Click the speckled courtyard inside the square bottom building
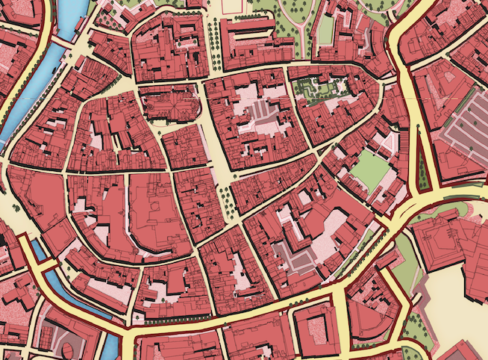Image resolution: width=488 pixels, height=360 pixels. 318,329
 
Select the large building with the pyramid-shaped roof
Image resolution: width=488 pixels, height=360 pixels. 451,243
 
